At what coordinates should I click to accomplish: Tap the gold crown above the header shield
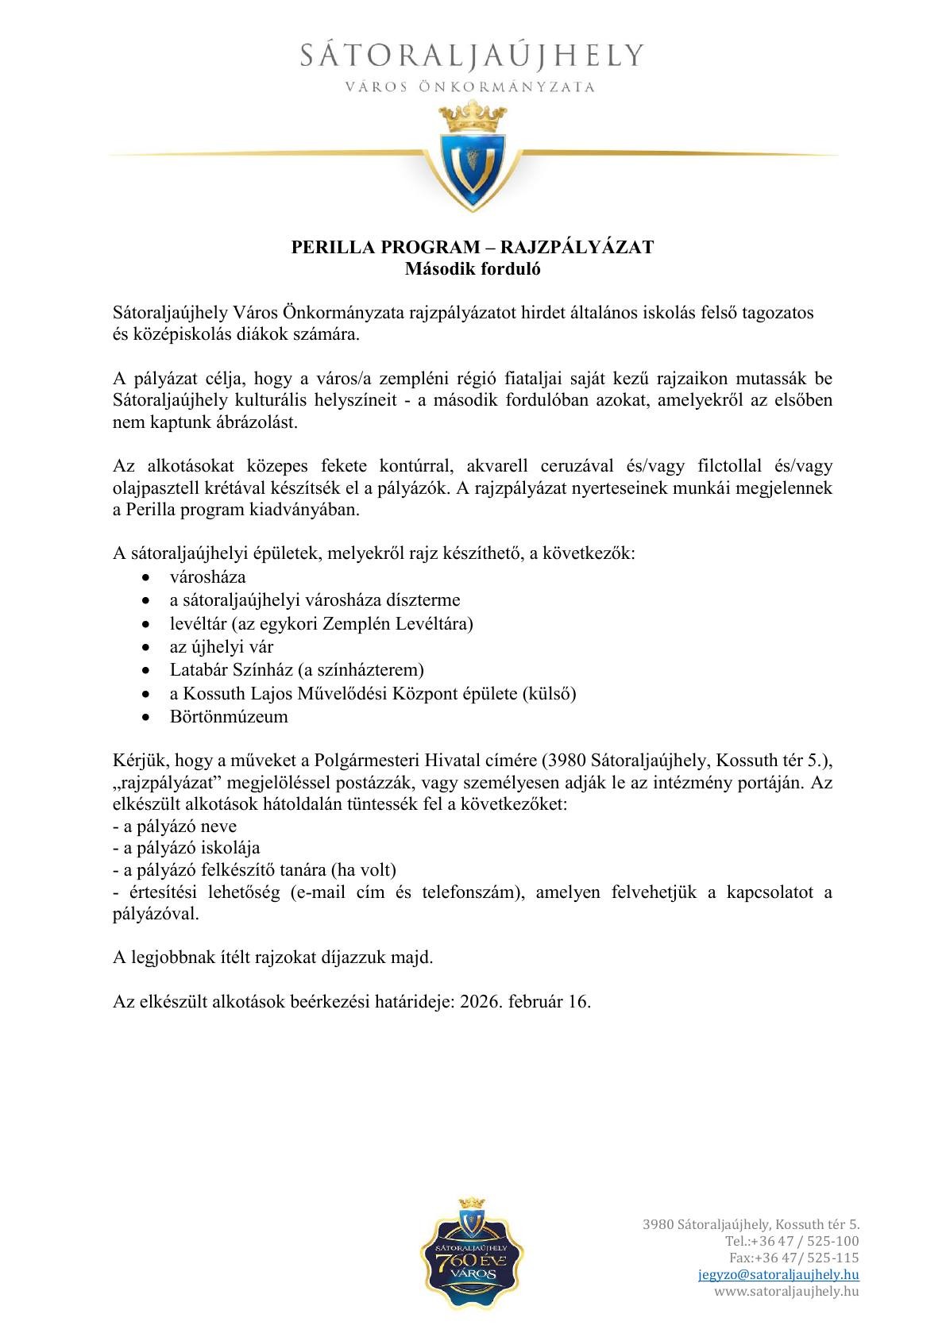tap(473, 116)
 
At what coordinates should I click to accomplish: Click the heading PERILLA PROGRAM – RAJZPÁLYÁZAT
tap(473, 247)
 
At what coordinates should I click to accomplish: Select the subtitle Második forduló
tap(473, 268)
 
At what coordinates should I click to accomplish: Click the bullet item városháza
tap(207, 576)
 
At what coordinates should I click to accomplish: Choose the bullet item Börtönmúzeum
tap(229, 717)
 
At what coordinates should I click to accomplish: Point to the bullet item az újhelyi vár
tap(222, 646)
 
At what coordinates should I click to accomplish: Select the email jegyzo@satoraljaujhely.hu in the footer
tap(778, 1274)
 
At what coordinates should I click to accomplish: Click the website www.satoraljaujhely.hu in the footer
tap(786, 1291)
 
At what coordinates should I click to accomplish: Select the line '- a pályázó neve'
tap(175, 826)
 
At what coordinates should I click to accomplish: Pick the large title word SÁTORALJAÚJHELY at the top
tap(473, 56)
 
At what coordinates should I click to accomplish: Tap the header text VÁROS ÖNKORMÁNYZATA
tap(473, 87)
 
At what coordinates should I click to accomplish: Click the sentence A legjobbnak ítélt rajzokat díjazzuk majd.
tap(273, 957)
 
